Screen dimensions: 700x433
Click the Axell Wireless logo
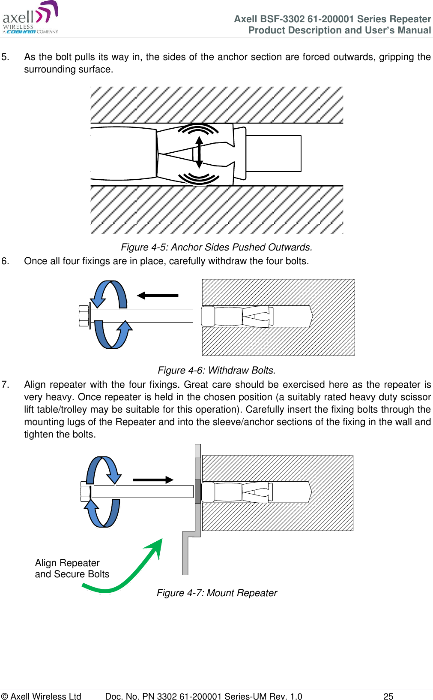[x=30, y=18]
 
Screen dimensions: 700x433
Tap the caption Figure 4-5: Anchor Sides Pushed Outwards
[x=216, y=247]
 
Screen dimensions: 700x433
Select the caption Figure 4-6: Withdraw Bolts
[x=216, y=370]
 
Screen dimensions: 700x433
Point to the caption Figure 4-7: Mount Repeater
[x=217, y=593]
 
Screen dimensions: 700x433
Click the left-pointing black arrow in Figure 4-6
[x=157, y=295]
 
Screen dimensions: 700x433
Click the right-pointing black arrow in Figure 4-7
[x=153, y=480]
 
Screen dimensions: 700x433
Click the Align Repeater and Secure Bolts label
[x=72, y=568]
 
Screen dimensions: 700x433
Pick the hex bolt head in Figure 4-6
[x=84, y=316]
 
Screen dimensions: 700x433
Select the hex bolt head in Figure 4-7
[x=85, y=492]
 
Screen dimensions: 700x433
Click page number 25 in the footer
[x=388, y=696]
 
